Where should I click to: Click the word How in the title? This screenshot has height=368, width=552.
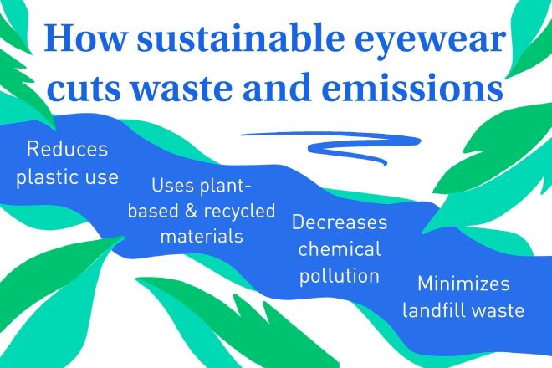84,37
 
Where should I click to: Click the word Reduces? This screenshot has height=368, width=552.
67,149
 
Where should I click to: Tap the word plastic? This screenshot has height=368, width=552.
46,177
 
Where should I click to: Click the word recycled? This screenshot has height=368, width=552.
240,212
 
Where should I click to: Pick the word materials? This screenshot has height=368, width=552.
202,236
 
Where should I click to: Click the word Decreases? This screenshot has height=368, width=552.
340,222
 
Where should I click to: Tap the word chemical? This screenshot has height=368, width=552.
340,249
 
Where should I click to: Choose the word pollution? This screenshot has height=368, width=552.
340,276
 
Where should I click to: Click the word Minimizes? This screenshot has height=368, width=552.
463,284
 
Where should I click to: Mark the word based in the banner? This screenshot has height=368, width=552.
153,212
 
